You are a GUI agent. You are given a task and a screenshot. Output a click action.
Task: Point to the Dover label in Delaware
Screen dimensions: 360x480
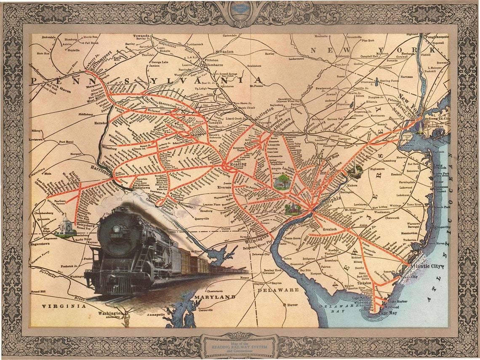coord(292,304)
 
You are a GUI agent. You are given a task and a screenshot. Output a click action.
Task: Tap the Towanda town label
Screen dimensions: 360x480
coord(142,37)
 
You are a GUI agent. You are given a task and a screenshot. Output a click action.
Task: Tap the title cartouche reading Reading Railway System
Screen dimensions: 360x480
coord(240,346)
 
